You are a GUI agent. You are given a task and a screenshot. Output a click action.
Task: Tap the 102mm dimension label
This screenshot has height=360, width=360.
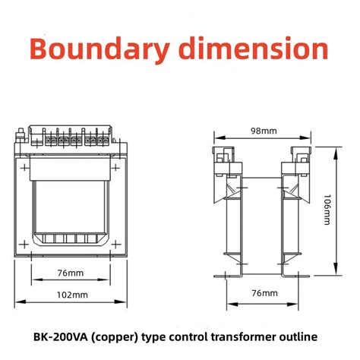(71, 294)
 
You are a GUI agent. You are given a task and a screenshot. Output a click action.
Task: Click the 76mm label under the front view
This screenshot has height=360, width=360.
(71, 272)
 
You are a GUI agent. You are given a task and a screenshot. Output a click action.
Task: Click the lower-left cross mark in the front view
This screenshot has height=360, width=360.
(28, 244)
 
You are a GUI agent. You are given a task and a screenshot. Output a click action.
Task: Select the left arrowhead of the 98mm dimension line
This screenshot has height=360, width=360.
(216, 138)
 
